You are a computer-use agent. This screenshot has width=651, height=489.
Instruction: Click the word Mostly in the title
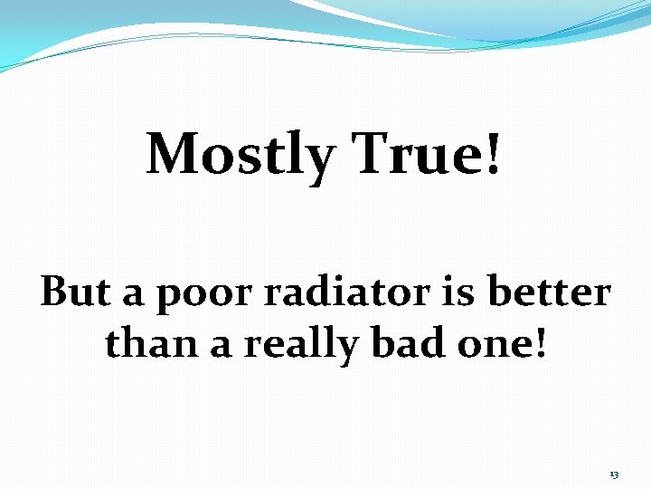pos(240,156)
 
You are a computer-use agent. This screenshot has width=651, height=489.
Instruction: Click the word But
pos(76,292)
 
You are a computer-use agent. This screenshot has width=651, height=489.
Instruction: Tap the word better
pos(550,292)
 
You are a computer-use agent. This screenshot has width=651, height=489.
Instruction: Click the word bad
pos(404,343)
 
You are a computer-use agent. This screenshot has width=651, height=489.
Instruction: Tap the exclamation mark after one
pos(542,343)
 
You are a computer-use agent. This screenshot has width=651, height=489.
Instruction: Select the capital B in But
pos(55,292)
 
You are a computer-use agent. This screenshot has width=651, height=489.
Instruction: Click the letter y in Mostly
pos(320,161)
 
